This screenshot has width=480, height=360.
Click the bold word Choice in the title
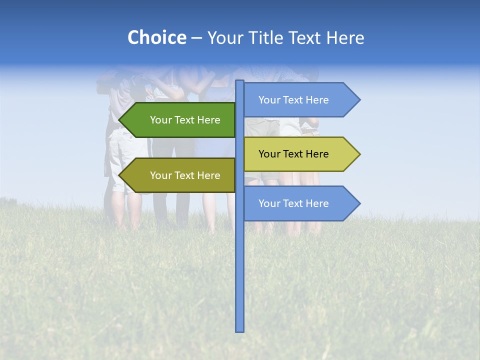pos(156,37)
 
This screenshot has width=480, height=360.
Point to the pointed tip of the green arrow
pos(120,120)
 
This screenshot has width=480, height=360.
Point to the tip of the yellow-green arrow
pos(359,154)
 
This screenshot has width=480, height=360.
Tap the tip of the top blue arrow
pos(359,100)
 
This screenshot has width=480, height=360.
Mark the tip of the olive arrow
pos(120,175)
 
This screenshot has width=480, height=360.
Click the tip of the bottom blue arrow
pos(359,203)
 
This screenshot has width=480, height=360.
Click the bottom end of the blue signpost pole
pos(240,330)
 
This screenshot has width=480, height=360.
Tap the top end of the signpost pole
pos(240,82)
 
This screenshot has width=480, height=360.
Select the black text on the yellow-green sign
pos(293,154)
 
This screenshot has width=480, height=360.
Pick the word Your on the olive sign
pos(160,175)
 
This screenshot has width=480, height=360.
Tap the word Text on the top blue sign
pos(293,100)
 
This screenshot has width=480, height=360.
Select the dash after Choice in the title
pos(196,38)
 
